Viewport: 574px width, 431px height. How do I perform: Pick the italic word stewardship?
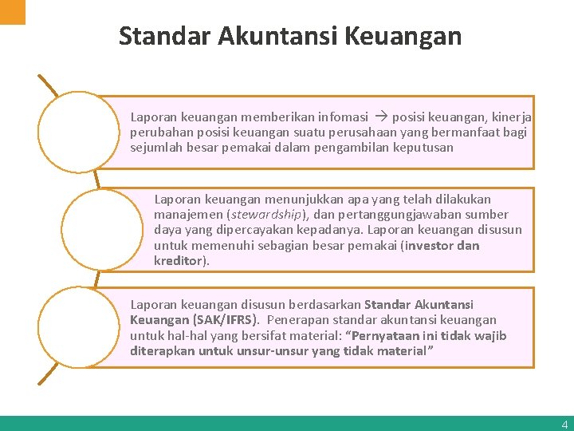[x=267, y=215]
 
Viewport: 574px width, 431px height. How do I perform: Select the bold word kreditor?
[x=179, y=260]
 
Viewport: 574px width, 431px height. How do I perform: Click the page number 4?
[x=564, y=425]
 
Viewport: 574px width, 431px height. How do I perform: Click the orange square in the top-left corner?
[x=12, y=11]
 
